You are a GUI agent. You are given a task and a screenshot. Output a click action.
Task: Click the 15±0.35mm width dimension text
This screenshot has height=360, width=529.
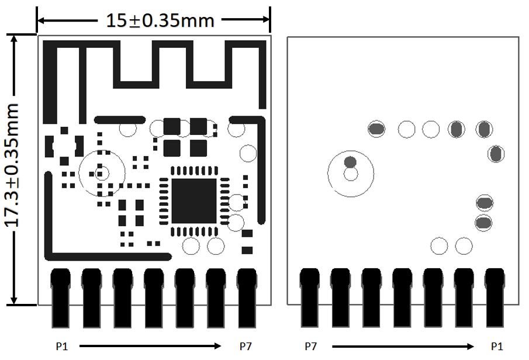coord(160,20)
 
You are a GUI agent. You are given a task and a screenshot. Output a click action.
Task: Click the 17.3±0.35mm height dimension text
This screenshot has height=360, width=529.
coord(13,166)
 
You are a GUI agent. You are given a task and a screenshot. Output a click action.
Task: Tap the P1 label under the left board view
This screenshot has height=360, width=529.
coord(62,346)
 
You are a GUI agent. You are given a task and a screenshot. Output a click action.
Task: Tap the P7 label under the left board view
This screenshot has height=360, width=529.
coord(246,346)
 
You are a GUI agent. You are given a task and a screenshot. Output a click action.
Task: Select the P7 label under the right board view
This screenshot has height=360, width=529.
coord(311,346)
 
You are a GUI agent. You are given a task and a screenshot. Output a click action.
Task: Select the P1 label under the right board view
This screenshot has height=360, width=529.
coord(497,346)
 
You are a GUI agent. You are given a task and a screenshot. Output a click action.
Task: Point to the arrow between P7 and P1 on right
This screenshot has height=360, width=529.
coord(404,346)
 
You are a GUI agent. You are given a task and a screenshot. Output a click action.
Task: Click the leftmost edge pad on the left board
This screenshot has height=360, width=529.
coord(61,298)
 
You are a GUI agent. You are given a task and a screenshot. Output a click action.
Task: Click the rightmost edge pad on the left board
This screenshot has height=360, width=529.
coord(247,298)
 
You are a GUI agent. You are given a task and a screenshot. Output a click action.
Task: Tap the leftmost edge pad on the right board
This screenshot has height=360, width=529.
coord(309,298)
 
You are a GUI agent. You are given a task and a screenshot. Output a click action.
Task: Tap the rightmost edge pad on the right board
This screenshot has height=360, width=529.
coord(495,298)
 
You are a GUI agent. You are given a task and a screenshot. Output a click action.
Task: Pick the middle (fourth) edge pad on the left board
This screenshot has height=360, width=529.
coord(154,298)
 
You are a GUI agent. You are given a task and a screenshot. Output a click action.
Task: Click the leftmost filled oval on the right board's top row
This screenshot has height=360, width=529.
coord(376,129)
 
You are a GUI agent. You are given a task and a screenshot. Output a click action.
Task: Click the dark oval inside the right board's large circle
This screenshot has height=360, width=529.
coord(351,161)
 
